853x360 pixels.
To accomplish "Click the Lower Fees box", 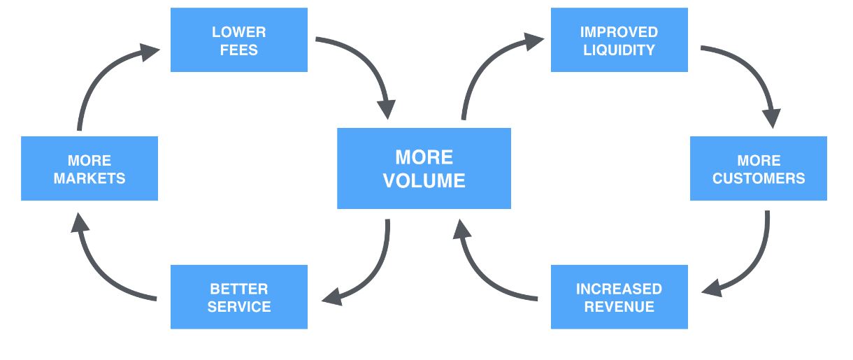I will [238, 40].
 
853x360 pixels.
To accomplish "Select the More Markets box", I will [89, 168].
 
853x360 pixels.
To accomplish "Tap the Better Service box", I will [238, 297].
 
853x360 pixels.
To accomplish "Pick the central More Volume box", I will [424, 168].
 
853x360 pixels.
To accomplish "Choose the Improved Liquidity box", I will [619, 40].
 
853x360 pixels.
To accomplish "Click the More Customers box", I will [759, 168].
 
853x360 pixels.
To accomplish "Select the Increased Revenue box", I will [619, 297].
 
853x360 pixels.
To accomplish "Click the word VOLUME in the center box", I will [424, 181].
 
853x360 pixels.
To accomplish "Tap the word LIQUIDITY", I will [619, 50].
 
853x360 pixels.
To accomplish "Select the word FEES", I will [238, 50].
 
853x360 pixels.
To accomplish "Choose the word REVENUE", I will [619, 307].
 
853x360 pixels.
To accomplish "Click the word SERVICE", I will [238, 307].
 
